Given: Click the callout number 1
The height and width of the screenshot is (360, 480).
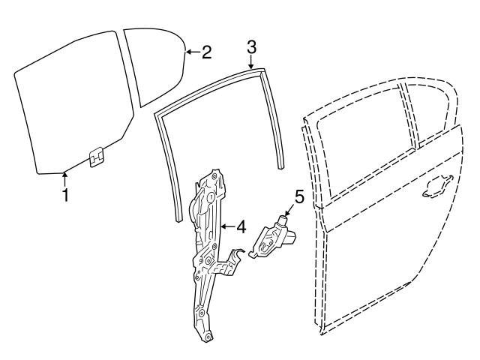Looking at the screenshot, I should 65,196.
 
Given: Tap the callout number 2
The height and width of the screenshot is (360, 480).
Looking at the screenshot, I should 206,52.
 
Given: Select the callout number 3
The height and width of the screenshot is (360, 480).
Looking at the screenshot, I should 252,46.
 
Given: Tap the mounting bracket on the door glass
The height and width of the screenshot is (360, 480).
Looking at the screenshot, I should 95,157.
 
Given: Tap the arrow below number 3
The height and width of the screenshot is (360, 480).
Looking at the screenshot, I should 252,63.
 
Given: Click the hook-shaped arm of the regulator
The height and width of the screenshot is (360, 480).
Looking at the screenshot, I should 235,259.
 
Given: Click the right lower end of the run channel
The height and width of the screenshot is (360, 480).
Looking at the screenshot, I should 282,163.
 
